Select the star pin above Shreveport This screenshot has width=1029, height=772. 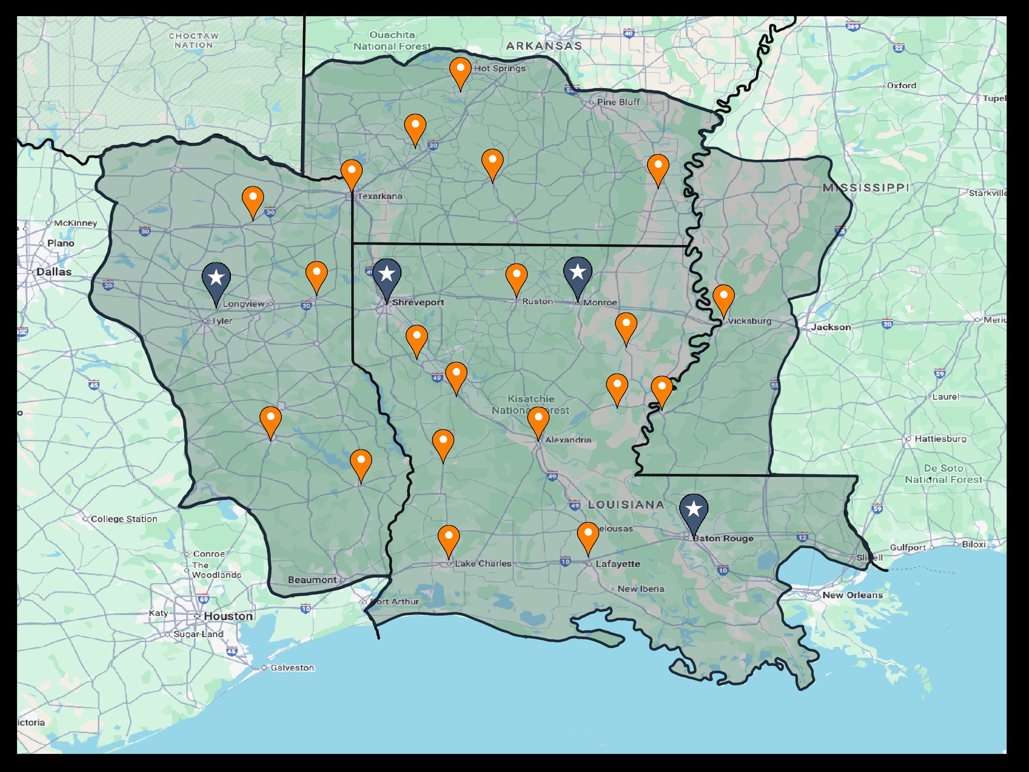coord(386,274)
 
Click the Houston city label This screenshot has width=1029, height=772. coord(228,616)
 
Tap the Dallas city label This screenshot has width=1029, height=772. coord(54,272)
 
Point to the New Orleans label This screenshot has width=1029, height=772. coord(852,595)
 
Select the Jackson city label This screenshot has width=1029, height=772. coord(831,327)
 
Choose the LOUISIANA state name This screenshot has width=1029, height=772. coord(626,505)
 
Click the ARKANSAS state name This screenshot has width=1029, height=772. coord(544,46)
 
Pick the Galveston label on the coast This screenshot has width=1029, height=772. coord(292,668)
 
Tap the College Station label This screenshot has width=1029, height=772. coord(124,519)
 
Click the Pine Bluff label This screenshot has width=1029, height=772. coord(618,102)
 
